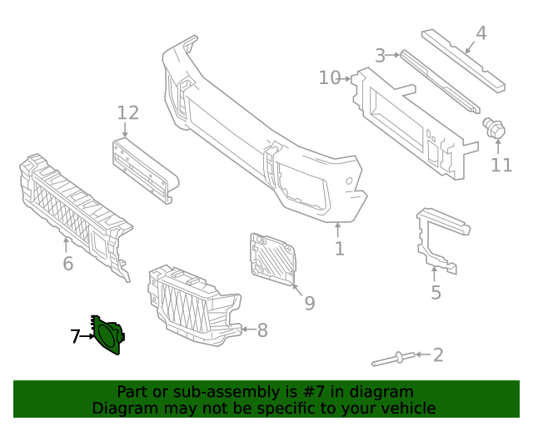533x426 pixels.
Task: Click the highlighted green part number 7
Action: coord(108,336)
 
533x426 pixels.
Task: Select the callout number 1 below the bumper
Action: coord(339,248)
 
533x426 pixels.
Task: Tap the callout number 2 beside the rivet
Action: coord(437,355)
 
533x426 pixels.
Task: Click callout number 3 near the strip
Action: coord(381,56)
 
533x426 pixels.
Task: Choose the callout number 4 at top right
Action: coord(481,34)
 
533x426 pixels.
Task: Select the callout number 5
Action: coord(436,292)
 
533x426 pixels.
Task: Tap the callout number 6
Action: coord(67,264)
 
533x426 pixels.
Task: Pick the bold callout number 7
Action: coord(75,336)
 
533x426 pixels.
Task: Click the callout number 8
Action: coord(262,330)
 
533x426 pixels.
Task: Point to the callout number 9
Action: coord(309,304)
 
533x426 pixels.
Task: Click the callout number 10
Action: coord(330,77)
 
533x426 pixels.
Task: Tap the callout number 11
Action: coord(501,166)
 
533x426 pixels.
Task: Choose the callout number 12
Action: coord(127,112)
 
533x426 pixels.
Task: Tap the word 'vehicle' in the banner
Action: coord(406,408)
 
